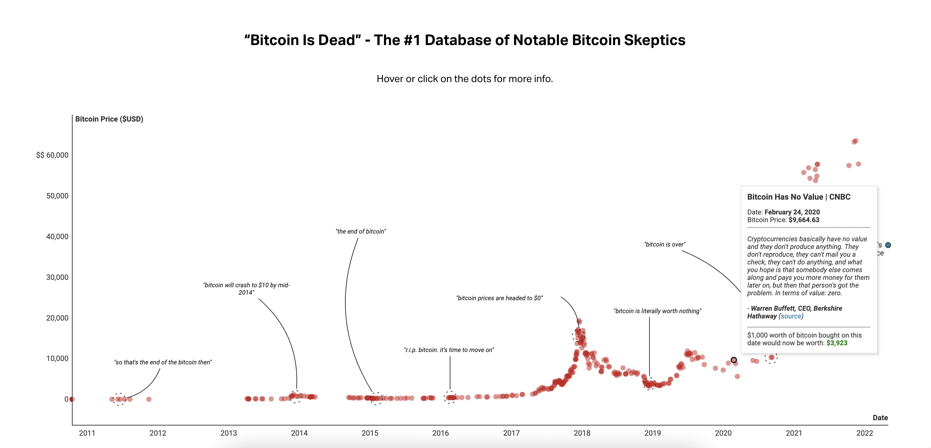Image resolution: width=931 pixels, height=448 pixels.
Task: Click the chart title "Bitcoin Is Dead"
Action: tap(464, 40)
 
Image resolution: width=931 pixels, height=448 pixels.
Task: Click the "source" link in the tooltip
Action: tap(791, 316)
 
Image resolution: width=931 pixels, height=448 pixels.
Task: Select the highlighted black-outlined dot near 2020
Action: tap(734, 360)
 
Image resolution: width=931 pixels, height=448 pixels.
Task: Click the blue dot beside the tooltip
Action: tap(888, 245)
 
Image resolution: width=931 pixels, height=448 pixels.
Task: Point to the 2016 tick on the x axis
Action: tap(440, 433)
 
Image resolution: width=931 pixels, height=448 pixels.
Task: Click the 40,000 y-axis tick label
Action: tap(57, 237)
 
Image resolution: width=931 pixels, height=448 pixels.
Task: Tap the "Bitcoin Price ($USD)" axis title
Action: tap(109, 119)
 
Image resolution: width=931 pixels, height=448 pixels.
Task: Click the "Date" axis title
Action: tap(880, 418)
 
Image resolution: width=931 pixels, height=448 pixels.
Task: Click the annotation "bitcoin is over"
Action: tap(665, 245)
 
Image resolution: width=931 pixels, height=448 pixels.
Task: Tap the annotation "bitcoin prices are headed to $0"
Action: tap(499, 298)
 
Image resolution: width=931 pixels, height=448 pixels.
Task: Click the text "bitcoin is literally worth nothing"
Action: tap(658, 311)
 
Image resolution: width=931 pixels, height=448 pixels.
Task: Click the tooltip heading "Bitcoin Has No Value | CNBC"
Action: tap(799, 197)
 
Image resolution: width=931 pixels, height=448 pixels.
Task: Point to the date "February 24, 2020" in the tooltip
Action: tap(792, 212)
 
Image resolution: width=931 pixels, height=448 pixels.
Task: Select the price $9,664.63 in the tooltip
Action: tap(804, 220)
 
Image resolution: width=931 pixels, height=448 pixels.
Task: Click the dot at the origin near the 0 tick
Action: tap(72, 399)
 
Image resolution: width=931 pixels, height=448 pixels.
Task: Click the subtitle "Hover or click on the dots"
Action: tap(464, 79)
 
